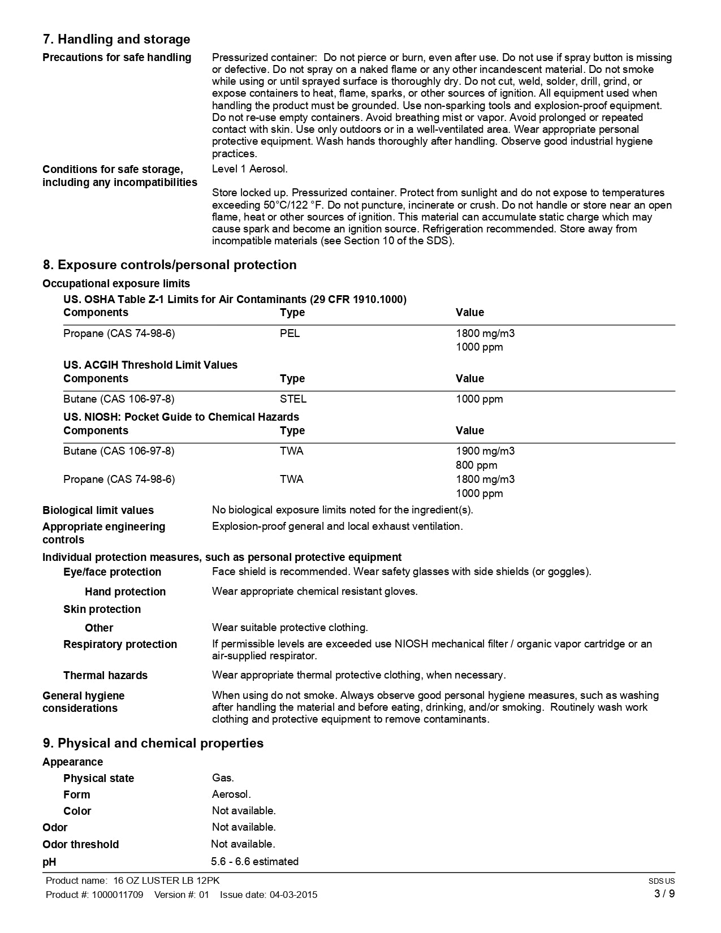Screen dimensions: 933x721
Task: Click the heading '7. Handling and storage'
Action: tap(116, 40)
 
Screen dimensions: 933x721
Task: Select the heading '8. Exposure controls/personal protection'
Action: tap(170, 265)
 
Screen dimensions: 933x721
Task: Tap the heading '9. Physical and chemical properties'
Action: tap(153, 744)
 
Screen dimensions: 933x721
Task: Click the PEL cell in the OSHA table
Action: tap(290, 334)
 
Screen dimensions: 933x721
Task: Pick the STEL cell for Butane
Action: tap(293, 399)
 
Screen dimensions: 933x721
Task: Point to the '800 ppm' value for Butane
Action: tap(476, 465)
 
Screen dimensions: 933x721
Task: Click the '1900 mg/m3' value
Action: tap(485, 451)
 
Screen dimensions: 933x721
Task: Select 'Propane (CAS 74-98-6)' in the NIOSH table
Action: tap(119, 480)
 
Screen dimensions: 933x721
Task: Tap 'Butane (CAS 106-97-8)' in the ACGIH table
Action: tap(119, 399)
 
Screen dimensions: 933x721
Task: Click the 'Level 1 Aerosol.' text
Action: tap(249, 169)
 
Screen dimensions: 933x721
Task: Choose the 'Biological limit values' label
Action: tap(98, 511)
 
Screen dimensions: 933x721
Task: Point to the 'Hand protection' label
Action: tap(125, 592)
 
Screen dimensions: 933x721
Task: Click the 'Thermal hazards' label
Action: tap(105, 676)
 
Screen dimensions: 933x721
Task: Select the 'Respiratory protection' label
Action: tap(120, 645)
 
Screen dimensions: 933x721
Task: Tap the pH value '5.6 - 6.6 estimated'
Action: tap(254, 862)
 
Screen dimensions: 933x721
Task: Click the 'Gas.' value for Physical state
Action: tap(223, 779)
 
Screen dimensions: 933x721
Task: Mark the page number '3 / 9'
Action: tap(664, 894)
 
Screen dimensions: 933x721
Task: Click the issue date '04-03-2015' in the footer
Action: tap(293, 895)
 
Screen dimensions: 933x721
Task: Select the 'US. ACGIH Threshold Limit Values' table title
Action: tap(150, 365)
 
